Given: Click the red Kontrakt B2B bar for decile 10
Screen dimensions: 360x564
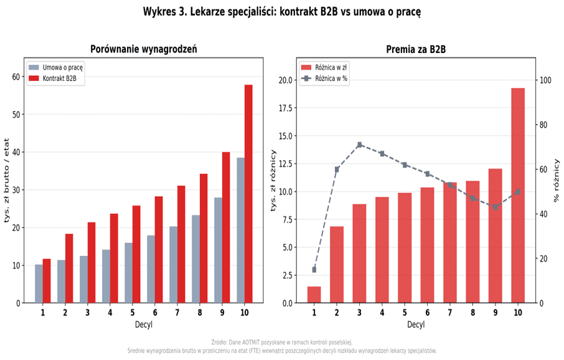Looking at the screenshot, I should click(248, 194).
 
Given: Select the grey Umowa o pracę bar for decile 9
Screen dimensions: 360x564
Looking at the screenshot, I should click(218, 250).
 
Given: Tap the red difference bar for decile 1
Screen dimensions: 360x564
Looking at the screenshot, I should click(314, 295).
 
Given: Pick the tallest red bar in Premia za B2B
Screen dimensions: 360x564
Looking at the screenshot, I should click(518, 196).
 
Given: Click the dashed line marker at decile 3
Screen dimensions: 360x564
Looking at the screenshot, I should click(360, 144).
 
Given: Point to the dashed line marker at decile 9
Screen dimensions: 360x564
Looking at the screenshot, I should click(495, 207).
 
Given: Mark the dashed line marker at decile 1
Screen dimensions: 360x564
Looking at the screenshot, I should click(314, 270).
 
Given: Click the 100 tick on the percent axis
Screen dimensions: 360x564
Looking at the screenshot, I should click(546, 80).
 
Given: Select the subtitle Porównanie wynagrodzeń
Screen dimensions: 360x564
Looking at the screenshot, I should click(143, 49).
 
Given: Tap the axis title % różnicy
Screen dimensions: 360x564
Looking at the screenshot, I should click(557, 181).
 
